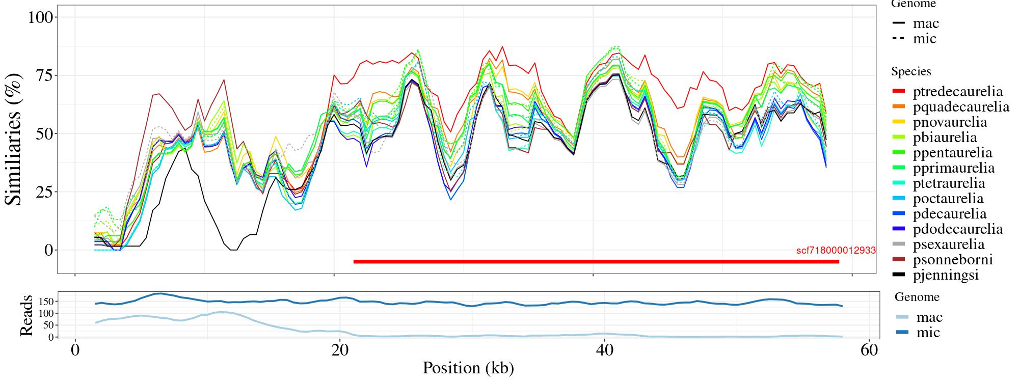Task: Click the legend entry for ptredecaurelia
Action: [957, 92]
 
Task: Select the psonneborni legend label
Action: [952, 260]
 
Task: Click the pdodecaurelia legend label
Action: [957, 229]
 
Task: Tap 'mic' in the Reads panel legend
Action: [928, 333]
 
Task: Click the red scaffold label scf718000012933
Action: [836, 251]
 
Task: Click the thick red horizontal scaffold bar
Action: [596, 262]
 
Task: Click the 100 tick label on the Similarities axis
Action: [40, 17]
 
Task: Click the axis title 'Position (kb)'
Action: [468, 368]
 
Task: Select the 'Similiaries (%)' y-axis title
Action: [14, 139]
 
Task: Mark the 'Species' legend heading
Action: [911, 72]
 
